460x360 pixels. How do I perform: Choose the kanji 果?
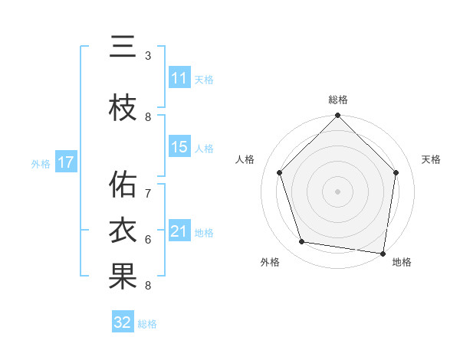(123, 277)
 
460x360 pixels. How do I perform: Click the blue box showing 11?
(179, 78)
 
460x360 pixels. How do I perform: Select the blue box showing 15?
(179, 147)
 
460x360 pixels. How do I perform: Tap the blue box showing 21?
(179, 231)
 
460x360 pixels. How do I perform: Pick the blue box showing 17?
(66, 162)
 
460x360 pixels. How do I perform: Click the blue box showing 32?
(123, 322)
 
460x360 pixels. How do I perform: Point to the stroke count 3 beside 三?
(148, 56)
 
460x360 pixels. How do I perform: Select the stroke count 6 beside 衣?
(148, 240)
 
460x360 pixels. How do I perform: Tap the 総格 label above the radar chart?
(337, 100)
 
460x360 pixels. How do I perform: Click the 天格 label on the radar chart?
(432, 159)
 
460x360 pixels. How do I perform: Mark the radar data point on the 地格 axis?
(383, 253)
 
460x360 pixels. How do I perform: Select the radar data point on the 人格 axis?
(279, 172)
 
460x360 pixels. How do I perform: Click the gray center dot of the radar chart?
(337, 191)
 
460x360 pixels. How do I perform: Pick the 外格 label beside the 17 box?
(39, 163)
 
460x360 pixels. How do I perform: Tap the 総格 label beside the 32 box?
(147, 324)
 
